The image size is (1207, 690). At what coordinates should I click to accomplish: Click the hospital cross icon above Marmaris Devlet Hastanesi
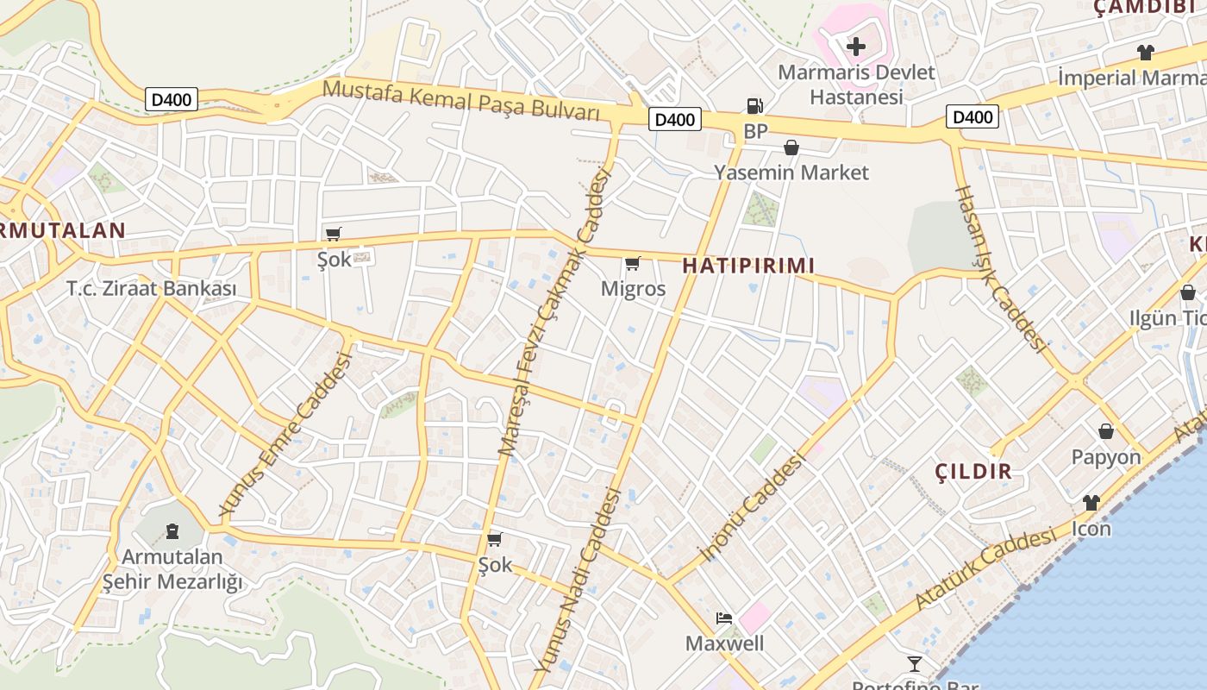click(x=856, y=46)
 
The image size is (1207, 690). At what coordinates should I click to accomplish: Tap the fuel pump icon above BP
click(x=755, y=106)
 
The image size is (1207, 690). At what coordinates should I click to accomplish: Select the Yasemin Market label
click(x=791, y=172)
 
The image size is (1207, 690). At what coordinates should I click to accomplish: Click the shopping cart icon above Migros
click(x=633, y=263)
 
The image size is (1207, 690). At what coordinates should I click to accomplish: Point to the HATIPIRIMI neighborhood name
click(x=748, y=266)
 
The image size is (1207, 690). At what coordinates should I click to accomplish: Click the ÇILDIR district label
click(x=974, y=472)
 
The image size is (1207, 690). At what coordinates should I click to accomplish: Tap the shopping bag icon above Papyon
click(x=1106, y=430)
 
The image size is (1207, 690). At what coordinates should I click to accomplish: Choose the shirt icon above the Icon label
click(x=1091, y=502)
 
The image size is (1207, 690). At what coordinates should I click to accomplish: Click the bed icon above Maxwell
click(x=724, y=618)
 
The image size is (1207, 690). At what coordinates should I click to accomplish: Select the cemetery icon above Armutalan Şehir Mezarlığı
click(x=172, y=529)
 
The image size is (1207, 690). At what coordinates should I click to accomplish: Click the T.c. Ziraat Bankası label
click(x=152, y=289)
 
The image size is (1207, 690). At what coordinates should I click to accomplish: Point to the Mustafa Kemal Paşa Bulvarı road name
click(x=461, y=100)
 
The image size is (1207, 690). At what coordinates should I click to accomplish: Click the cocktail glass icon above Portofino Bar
click(x=915, y=663)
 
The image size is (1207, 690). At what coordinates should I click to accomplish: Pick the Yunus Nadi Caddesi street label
click(x=578, y=580)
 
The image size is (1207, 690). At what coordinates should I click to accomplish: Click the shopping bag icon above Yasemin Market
click(x=791, y=147)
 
